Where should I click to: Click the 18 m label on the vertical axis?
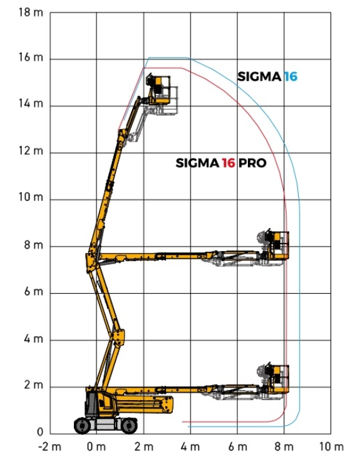31,13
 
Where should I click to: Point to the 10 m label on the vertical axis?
31,197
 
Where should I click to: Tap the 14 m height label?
31,103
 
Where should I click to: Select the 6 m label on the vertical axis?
33,291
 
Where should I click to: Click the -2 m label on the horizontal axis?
49,446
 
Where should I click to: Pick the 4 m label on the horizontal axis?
190,446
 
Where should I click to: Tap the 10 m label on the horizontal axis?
331,446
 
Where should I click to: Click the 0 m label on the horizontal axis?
96,446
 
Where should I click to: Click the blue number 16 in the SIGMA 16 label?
291,76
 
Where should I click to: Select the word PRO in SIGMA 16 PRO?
252,163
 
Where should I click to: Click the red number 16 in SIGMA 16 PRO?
229,163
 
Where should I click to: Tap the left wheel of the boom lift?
83,426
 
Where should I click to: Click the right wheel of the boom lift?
129,426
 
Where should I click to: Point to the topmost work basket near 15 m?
158,90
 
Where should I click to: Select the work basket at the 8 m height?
277,244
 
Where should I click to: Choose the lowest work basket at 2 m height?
277,378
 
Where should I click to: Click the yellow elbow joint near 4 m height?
118,338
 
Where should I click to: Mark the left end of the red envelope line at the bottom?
183,421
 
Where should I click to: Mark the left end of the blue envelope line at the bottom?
188,426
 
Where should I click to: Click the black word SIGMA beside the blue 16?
259,76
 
